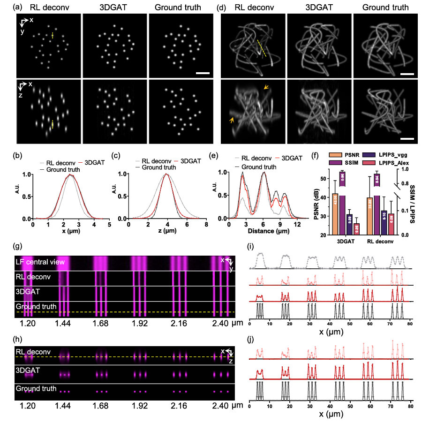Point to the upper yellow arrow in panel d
coord(266,87)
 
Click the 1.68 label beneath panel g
coord(100,324)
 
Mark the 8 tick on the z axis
coord(205,225)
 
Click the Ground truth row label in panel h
coord(37,389)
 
